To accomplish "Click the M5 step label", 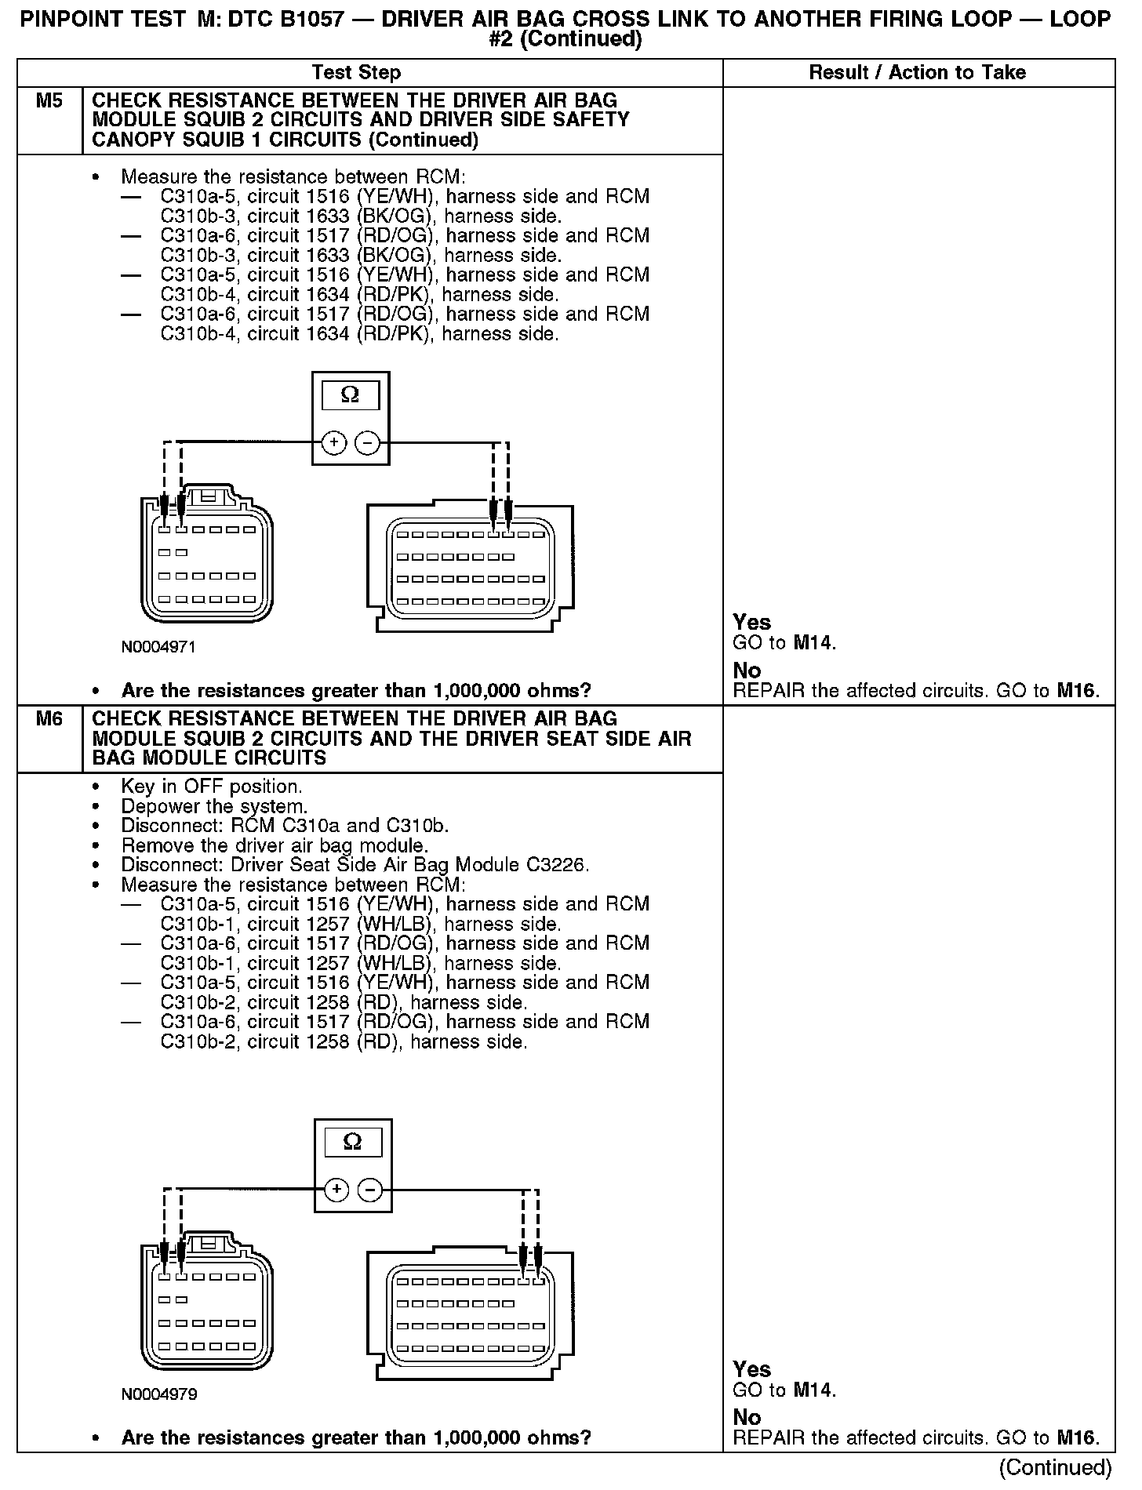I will pos(49,101).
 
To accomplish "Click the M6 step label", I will pos(49,719).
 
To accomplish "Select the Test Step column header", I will pos(356,73).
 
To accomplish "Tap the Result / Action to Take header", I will pos(917,73).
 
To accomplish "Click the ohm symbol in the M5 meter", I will pos(350,396).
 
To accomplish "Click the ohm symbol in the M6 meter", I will pos(353,1143).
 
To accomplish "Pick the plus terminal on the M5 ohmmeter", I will pos(334,443).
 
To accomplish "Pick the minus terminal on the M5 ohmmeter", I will pos(367,443).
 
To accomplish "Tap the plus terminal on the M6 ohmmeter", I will pos(336,1190).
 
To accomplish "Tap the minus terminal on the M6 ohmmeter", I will pos(369,1190).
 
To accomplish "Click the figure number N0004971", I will pos(158,647).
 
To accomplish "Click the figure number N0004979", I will pos(158,1394).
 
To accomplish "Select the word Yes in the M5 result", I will pos(752,623).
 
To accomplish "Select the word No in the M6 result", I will pos(747,1417).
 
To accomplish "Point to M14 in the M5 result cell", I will pos(813,644).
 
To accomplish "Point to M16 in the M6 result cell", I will pos(1077,1437).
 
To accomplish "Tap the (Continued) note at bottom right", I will pos(1056,1467).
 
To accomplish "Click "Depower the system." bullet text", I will pos(214,806).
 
